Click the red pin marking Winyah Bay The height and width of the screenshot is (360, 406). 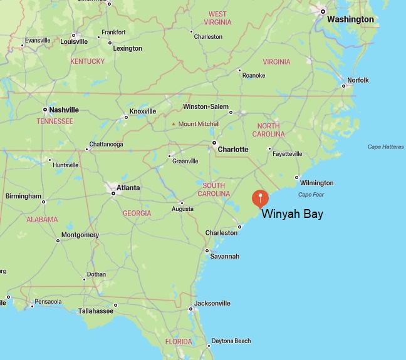tap(260, 198)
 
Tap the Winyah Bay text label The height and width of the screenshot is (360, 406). tap(292, 214)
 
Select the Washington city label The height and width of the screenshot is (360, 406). tap(350, 19)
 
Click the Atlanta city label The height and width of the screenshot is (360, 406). tap(128, 187)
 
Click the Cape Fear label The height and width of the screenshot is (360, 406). tap(311, 195)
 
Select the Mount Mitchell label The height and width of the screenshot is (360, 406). tap(199, 124)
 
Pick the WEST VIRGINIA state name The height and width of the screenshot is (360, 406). tap(217, 18)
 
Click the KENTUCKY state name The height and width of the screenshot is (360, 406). tap(87, 61)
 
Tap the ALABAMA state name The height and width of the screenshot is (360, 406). tap(41, 220)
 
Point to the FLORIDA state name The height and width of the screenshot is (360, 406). tap(179, 342)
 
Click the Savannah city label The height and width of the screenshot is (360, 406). tap(225, 256)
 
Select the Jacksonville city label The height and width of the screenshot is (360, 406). tap(212, 304)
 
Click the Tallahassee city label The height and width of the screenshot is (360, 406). tap(95, 311)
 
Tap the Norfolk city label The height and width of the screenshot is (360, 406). tap(358, 80)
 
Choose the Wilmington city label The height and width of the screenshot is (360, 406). tap(316, 183)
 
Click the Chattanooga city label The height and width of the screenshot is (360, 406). tap(106, 145)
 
